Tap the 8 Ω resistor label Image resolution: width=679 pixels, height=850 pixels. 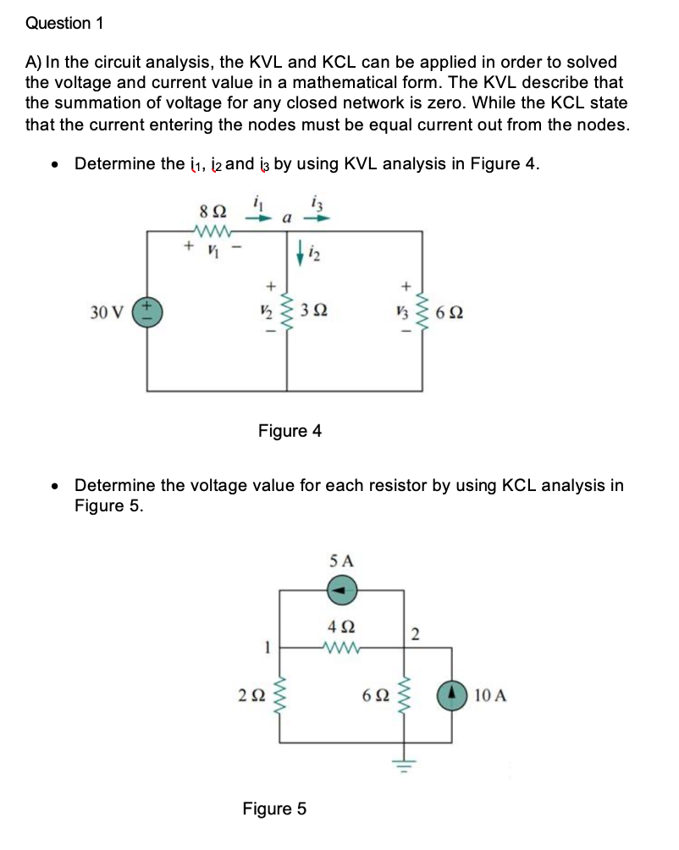207,209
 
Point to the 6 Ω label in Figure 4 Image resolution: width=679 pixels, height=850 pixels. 450,314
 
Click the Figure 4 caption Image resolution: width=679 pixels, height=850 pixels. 290,431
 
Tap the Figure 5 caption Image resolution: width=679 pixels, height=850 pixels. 274,809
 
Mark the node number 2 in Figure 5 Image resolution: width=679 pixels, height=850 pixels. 415,634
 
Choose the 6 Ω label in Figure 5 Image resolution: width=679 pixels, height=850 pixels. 373,697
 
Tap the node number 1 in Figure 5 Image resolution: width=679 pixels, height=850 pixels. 266,650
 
